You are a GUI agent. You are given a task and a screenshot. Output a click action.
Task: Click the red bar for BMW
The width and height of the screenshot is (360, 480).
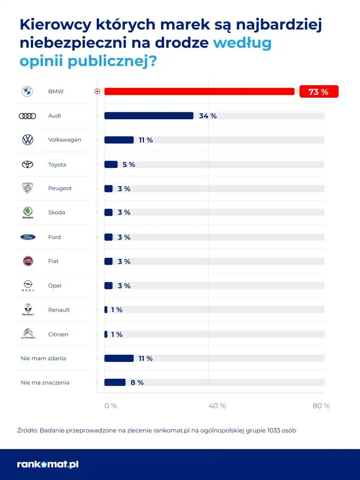coord(199,92)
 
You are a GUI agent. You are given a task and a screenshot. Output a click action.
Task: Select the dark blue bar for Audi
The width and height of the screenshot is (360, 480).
coord(149,116)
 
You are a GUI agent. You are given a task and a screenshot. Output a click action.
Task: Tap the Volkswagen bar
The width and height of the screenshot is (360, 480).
coord(119,140)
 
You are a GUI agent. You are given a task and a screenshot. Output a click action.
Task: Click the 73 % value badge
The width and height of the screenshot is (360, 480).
coord(318,92)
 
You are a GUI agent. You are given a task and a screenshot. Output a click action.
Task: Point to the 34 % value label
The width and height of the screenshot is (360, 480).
coord(208,116)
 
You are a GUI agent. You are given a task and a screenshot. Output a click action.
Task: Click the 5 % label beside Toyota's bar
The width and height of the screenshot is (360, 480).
coord(129,165)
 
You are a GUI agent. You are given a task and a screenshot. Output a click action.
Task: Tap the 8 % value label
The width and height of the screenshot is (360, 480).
coord(137,383)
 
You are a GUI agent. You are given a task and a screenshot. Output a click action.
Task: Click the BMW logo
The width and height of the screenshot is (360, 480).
coord(28,92)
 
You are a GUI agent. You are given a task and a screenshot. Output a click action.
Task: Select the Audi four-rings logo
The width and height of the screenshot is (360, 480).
coord(28,116)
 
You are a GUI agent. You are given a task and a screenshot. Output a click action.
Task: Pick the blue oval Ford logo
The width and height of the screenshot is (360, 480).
coord(28,237)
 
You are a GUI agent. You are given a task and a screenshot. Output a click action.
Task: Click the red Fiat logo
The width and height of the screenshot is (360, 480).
coord(28,261)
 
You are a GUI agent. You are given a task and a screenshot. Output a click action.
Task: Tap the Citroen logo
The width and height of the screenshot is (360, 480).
coord(28,334)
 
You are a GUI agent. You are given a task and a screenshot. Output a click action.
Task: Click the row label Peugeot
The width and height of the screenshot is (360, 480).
coord(60,189)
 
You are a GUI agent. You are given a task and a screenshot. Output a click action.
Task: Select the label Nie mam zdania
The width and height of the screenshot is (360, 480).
coord(43,358)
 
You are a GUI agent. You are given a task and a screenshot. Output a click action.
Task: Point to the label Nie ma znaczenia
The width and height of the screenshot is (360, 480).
coord(45,383)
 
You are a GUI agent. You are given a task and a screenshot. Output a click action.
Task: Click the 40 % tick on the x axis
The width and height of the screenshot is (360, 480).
coord(217,406)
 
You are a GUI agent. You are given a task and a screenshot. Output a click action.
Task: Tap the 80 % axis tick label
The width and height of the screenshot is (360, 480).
coord(321,406)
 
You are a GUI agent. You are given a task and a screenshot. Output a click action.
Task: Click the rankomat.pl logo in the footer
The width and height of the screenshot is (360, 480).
coord(48,465)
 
